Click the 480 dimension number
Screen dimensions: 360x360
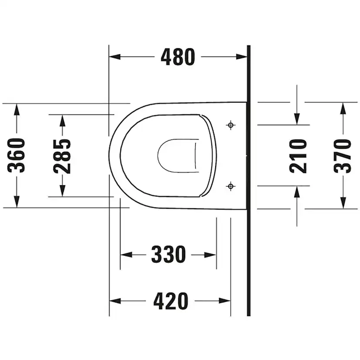178,57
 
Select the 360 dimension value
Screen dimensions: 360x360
17,155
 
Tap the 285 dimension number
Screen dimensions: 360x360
62,156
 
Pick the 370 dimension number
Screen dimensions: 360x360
343,156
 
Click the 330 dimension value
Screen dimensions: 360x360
168,255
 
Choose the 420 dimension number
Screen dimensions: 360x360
170,301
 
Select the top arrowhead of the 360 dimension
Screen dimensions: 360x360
17,109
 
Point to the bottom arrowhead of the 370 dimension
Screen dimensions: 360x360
343,203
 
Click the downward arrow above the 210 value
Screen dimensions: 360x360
297,119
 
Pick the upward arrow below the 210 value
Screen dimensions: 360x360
297,192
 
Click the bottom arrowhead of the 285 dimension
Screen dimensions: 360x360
62,191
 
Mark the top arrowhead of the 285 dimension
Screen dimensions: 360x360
62,120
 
